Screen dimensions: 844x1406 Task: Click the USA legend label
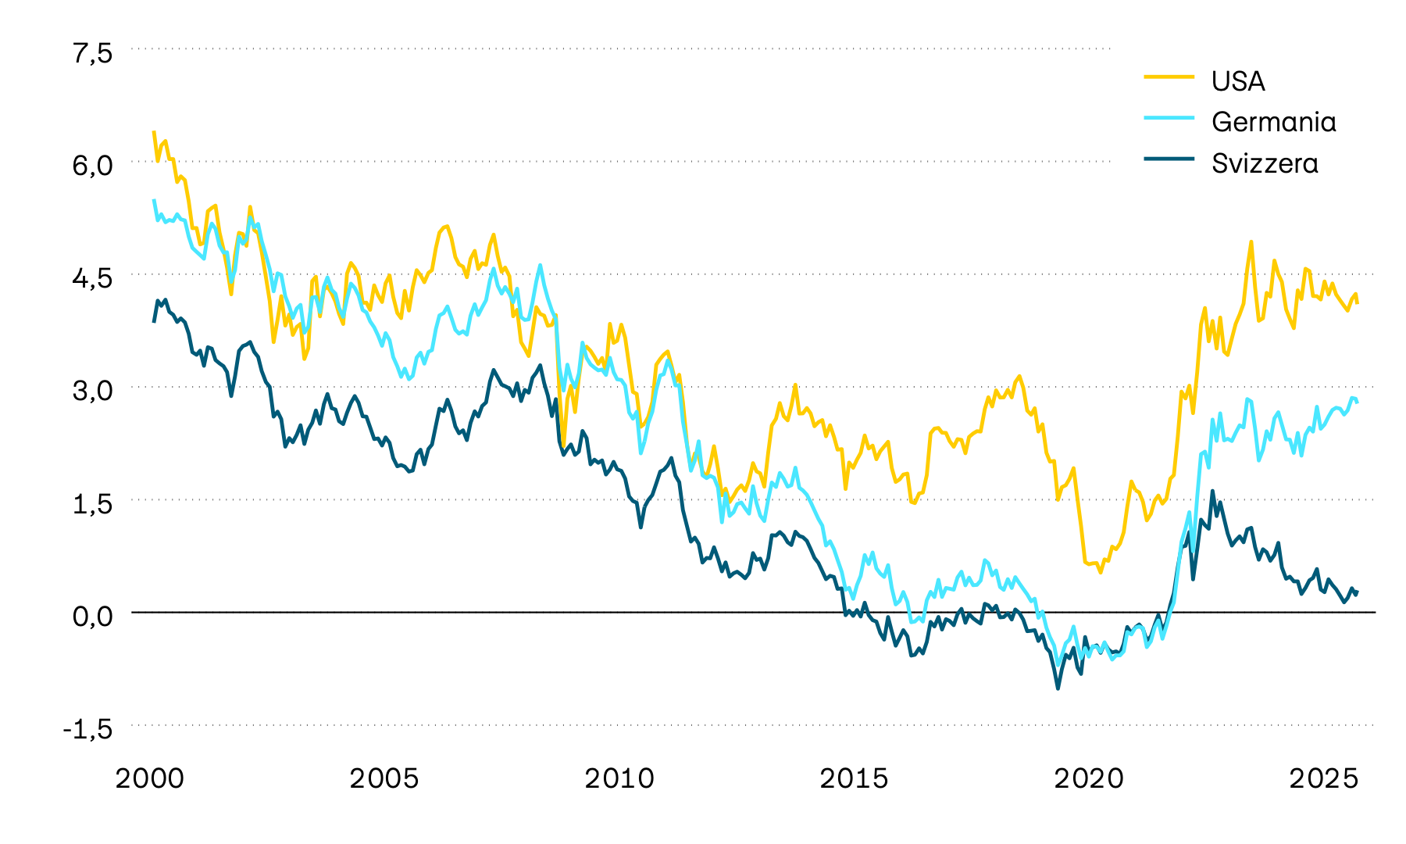tap(1238, 81)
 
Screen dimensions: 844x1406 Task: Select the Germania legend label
tap(1273, 122)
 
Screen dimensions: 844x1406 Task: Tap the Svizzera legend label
tap(1265, 163)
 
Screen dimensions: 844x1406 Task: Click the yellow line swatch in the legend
tap(1169, 77)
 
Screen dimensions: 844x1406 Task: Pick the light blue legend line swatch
tap(1169, 117)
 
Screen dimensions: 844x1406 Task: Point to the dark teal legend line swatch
tap(1169, 159)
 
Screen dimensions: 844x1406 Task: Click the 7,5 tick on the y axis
tap(93, 53)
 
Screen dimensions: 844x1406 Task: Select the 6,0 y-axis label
tap(93, 165)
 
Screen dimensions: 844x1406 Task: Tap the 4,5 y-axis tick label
tap(93, 277)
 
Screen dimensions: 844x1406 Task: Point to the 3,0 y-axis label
tap(93, 390)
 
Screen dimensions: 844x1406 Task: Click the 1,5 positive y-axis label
tap(93, 502)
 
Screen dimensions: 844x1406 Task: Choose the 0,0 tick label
tap(93, 615)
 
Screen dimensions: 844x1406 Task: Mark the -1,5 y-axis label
tap(87, 728)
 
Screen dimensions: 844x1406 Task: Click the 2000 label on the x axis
tap(150, 778)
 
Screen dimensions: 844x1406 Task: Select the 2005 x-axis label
tap(384, 778)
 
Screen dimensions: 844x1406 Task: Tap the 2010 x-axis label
tap(619, 778)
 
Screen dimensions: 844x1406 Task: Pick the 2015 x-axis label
tap(854, 778)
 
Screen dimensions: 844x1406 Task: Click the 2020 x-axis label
tap(1089, 778)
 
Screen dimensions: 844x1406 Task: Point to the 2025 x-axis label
tap(1323, 778)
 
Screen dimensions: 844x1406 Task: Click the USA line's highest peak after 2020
tap(1251, 241)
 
